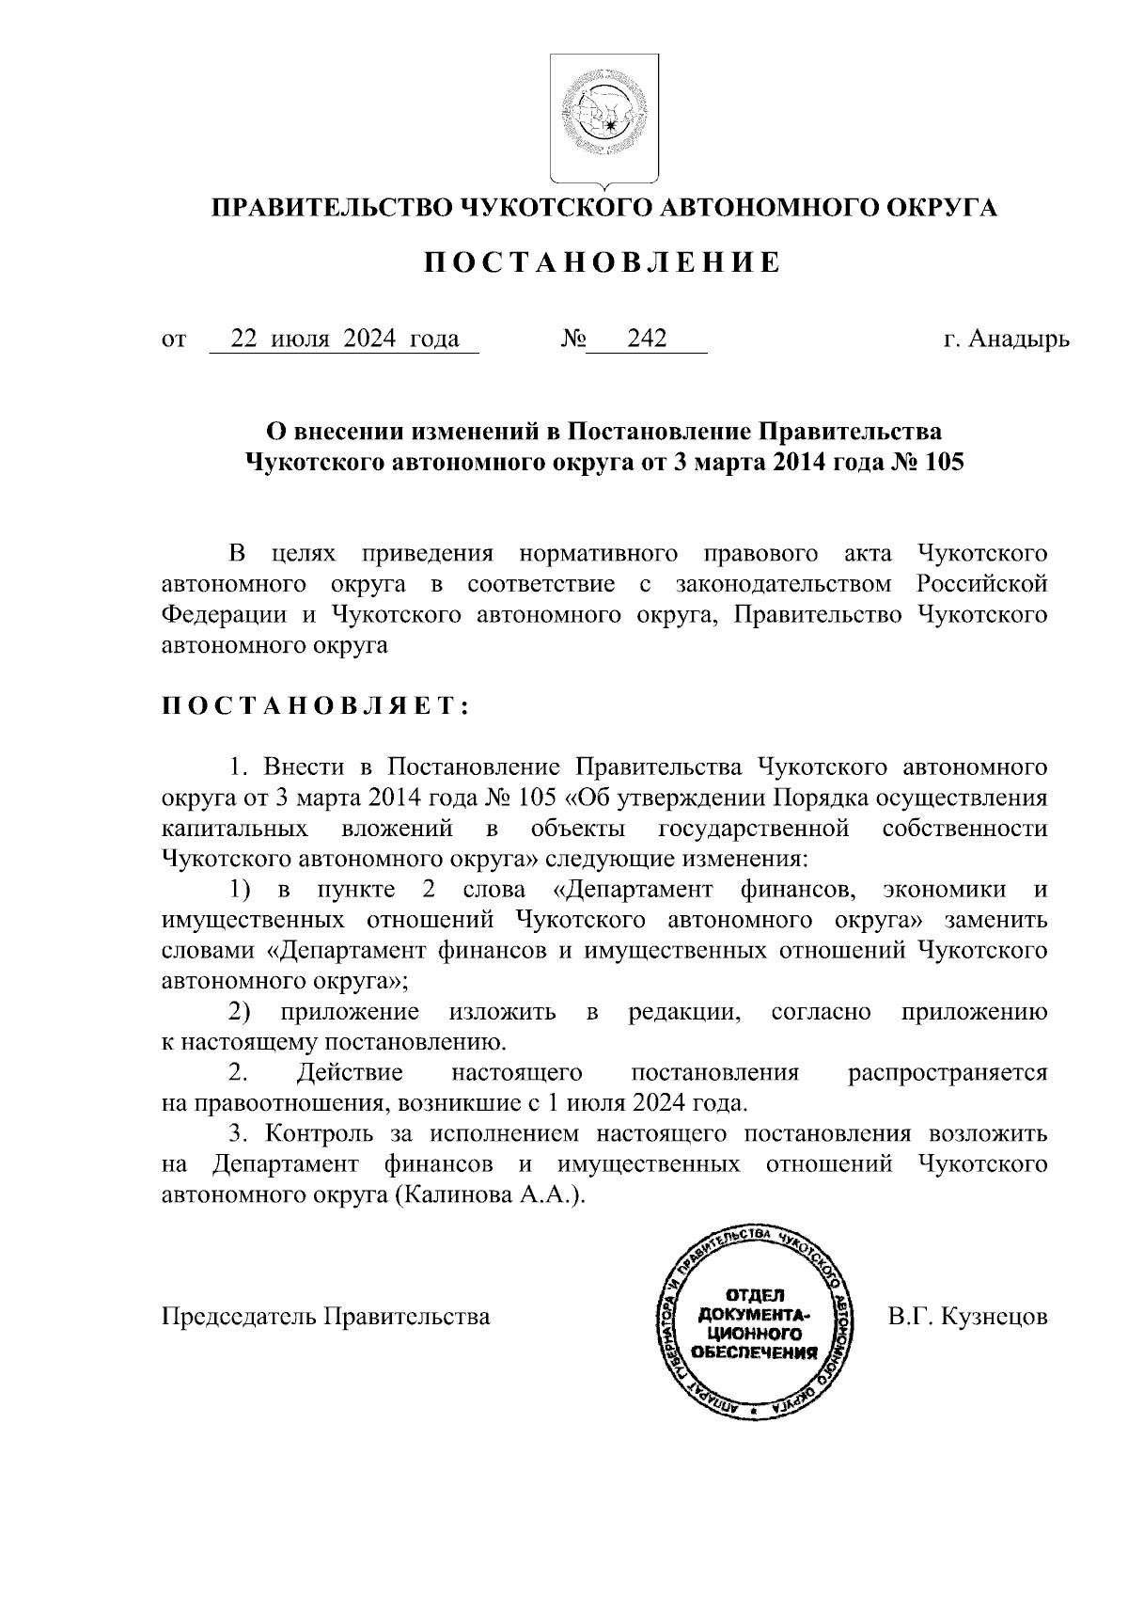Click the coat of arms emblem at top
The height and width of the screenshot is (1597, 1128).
(603, 118)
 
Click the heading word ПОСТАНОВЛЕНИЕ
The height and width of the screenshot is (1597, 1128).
(603, 263)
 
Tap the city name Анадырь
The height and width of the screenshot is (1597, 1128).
(1020, 339)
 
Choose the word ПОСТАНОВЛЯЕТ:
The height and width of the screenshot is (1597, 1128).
(316, 707)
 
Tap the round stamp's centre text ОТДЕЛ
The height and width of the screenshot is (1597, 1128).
(753, 1295)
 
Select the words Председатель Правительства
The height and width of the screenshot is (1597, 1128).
(326, 1316)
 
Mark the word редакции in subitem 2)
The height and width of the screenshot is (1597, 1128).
(681, 1012)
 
